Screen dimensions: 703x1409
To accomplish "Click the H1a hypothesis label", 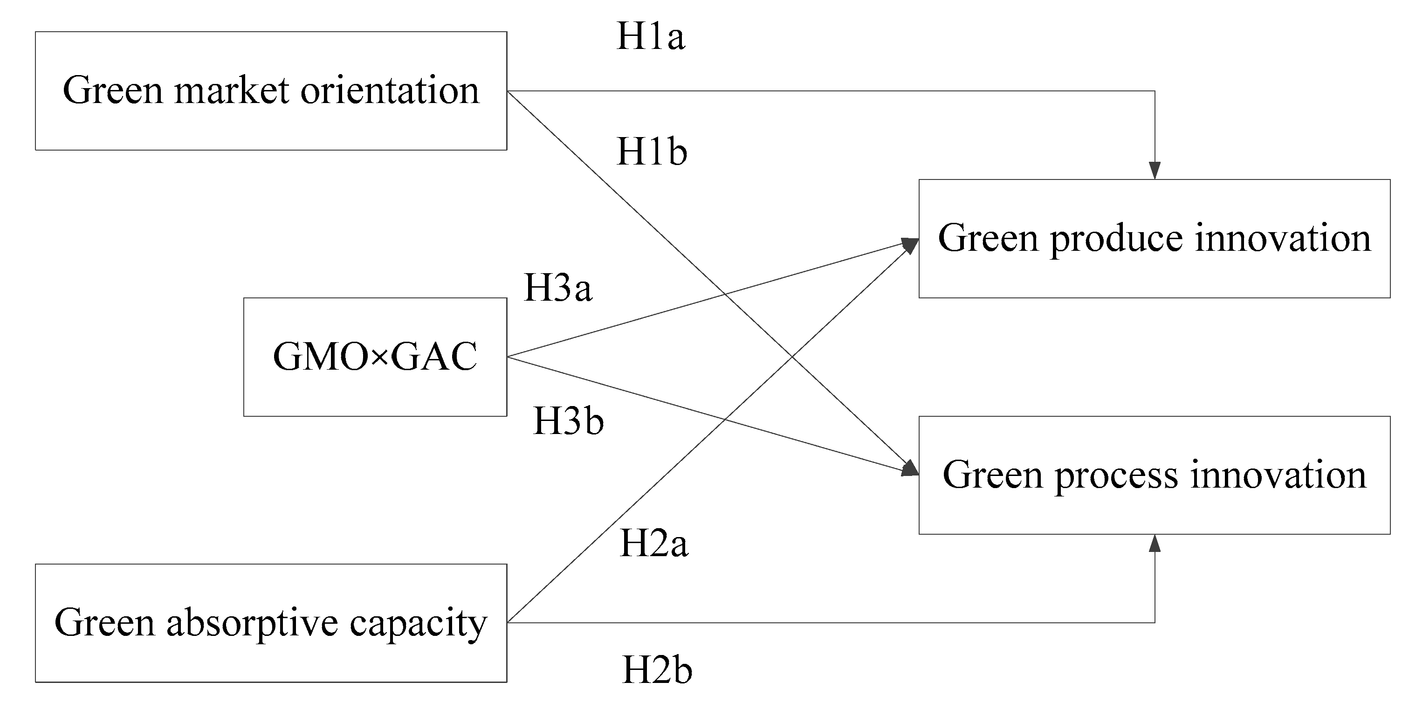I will click(650, 37).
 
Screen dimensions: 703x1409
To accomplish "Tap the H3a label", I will click(558, 288).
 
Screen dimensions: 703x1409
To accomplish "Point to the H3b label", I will click(568, 421).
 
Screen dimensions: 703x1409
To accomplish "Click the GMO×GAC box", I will click(375, 357).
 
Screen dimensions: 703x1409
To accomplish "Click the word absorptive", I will click(252, 624).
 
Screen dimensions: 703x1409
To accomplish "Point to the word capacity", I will click(418, 624).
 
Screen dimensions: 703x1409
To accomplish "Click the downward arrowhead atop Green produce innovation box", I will click(1155, 171).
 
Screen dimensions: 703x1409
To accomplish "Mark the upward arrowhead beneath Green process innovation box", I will click(1155, 543).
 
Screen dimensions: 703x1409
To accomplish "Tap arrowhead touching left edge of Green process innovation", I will click(910, 469).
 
